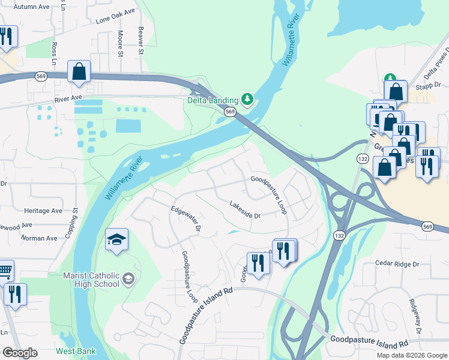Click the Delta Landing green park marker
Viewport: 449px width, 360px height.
(x=247, y=98)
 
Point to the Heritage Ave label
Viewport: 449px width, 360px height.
(x=43, y=211)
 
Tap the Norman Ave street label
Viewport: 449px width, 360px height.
(x=40, y=238)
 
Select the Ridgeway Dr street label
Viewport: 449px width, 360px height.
(x=414, y=316)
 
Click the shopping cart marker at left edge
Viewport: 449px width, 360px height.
(x=5, y=272)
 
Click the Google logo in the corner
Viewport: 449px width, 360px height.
(x=19, y=353)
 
